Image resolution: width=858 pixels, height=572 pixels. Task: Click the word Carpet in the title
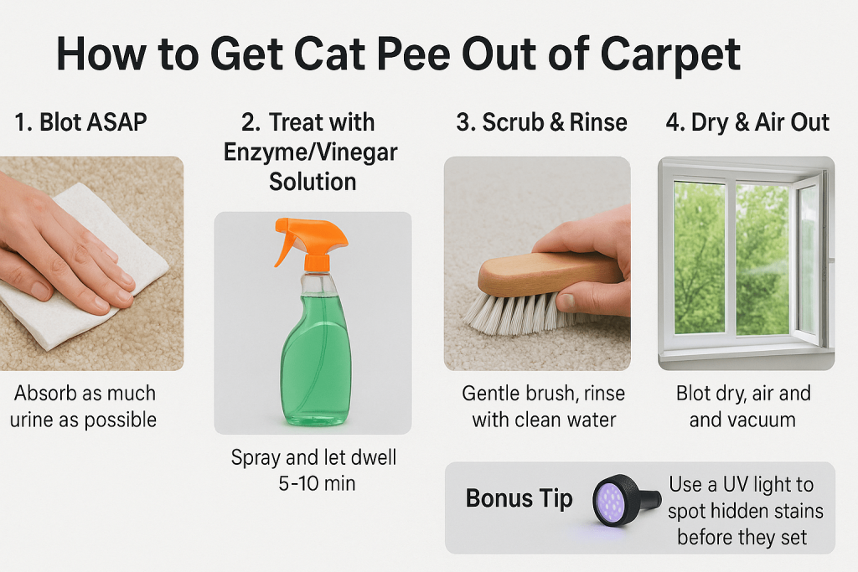click(x=670, y=55)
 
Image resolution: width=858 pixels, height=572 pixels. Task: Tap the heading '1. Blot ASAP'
click(x=81, y=122)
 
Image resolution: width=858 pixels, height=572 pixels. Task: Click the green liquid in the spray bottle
click(x=316, y=358)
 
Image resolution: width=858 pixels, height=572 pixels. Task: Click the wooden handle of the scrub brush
click(x=547, y=273)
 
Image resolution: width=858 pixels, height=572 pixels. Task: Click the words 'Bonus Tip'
click(x=519, y=499)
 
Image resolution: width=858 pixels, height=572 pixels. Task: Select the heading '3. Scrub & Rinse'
click(x=542, y=122)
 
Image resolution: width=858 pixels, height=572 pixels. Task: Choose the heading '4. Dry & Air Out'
click(x=747, y=122)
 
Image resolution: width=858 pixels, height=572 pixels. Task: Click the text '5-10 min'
click(x=317, y=483)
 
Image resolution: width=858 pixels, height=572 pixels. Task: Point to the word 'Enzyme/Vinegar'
click(x=310, y=152)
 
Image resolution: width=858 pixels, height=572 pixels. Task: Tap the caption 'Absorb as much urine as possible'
click(x=84, y=406)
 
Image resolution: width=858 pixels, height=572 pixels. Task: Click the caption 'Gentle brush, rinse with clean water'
click(x=543, y=406)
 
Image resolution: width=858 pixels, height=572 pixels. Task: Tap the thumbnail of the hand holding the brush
click(x=537, y=264)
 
